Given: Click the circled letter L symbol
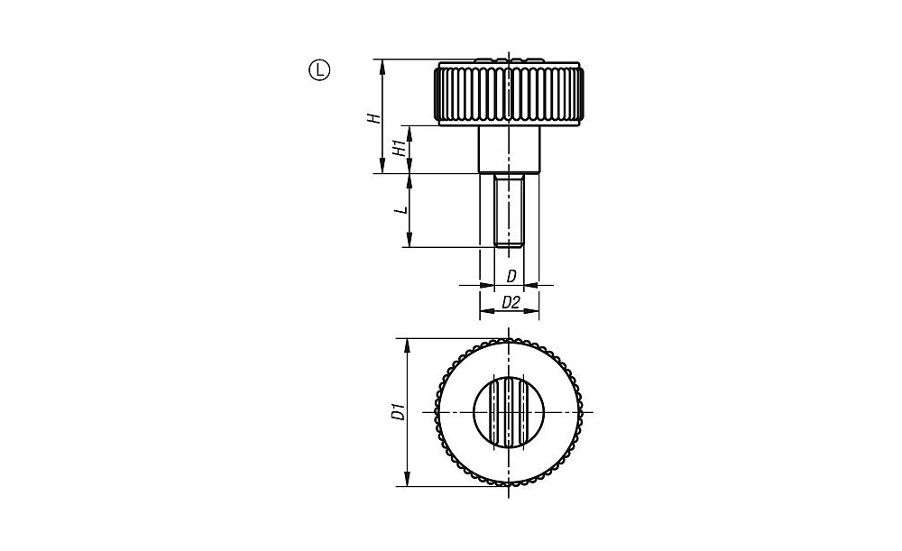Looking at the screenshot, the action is coord(320,70).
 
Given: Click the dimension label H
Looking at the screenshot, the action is coord(374,118).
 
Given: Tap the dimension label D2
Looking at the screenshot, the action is coord(511,302).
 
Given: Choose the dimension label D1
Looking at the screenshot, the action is coord(397,412).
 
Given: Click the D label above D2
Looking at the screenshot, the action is coord(511,277).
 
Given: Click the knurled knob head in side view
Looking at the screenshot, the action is coord(509,93).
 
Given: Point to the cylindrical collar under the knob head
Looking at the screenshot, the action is coord(509,149).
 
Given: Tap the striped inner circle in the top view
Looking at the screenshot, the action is coord(509,412).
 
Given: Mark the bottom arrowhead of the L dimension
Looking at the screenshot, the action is coord(409,241).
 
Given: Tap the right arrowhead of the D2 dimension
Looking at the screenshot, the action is coord(532,312).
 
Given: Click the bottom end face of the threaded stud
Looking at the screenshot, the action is coord(509,247).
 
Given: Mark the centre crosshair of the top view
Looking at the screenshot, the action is coord(509,412).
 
